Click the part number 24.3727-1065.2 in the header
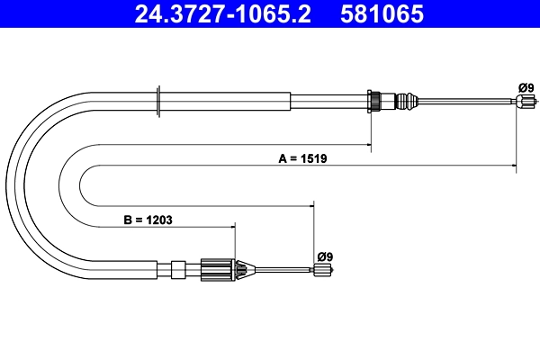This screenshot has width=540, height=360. coord(222,15)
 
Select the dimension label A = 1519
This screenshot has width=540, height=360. coord(302,157)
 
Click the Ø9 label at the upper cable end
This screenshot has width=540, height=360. coord(526,86)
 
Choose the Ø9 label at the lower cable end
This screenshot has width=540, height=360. coord(325,256)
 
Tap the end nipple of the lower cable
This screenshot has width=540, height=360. coord(320,268)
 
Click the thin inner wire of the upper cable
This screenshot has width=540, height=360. coord(468,102)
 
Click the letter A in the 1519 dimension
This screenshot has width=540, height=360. coord(282,157)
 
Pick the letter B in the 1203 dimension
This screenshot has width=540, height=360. coord(127,217)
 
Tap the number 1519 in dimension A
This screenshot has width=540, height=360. coord(313,157)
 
